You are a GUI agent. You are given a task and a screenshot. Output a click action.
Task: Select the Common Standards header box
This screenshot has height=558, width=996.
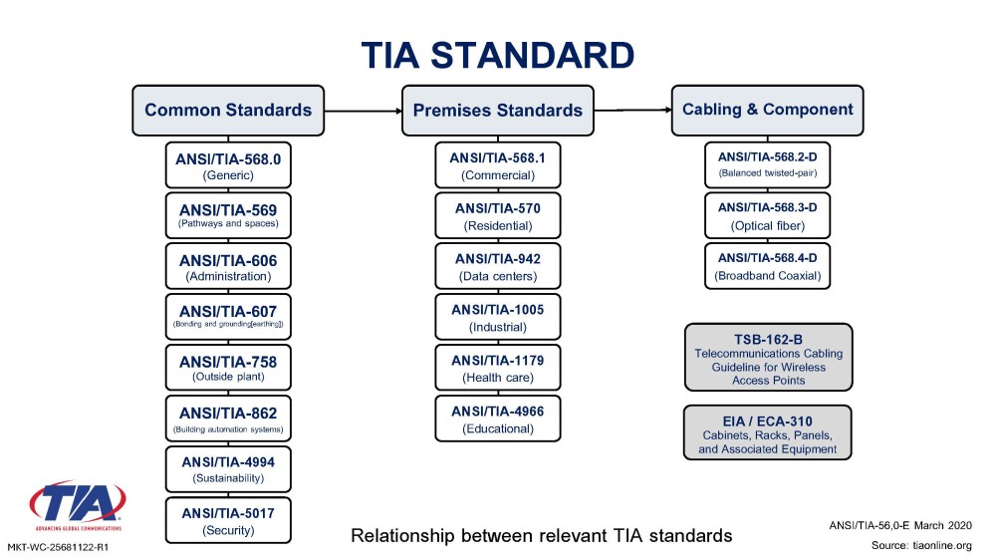228,110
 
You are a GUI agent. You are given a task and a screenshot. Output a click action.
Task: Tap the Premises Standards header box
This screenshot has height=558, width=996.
497,110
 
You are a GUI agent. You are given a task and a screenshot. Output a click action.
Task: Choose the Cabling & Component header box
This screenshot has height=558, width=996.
767,110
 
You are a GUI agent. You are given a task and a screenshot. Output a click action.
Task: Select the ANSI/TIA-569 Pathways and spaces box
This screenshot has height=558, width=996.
228,215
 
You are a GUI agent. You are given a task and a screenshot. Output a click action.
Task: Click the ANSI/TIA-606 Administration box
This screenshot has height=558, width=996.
228,267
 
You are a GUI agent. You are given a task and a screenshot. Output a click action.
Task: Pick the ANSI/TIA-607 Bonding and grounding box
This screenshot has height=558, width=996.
228,318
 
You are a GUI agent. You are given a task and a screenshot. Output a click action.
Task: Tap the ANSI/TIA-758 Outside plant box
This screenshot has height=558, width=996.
228,369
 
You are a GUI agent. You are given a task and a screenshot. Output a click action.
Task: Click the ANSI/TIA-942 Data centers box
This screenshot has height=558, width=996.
497,266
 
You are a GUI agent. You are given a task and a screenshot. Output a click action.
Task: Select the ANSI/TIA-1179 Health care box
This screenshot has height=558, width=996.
497,368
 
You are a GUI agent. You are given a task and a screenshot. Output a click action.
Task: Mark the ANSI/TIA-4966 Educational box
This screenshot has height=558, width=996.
497,419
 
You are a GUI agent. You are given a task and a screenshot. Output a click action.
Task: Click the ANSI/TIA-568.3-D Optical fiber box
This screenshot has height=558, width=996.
767,215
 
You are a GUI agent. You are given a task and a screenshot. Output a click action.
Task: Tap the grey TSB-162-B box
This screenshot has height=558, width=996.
767,358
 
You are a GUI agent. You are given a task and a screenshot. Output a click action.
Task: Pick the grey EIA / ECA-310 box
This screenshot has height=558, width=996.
767,431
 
